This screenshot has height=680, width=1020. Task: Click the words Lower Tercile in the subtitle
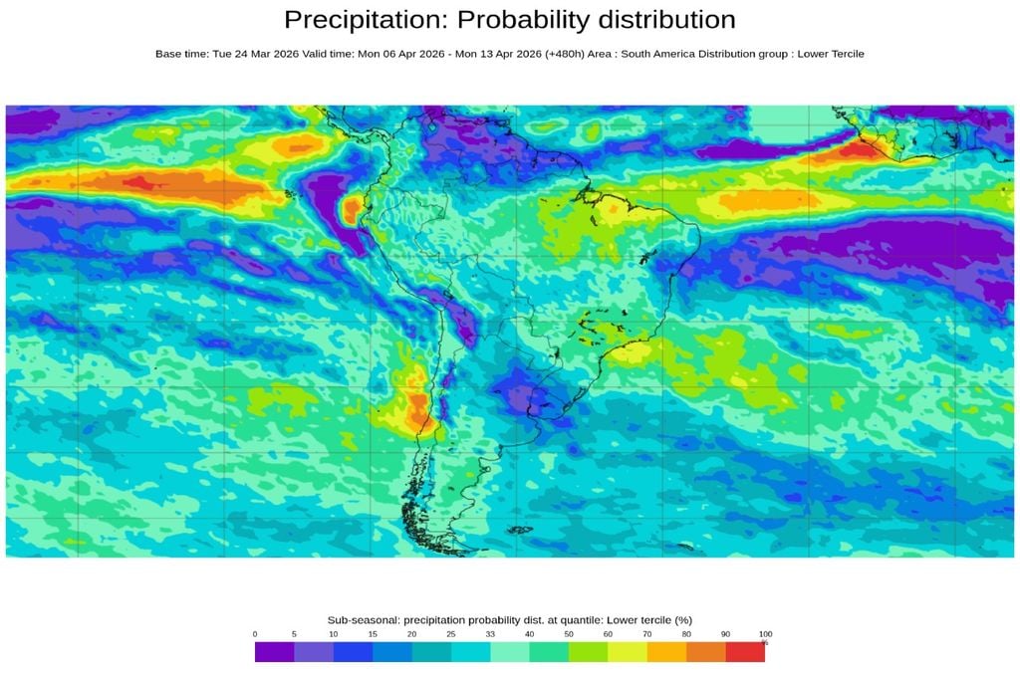(831, 54)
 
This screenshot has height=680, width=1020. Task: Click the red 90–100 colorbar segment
(745, 652)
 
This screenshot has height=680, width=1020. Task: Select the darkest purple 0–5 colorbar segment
(274, 652)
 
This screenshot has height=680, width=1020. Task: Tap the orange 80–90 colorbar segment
(706, 652)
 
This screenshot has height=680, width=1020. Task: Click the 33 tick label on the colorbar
(490, 634)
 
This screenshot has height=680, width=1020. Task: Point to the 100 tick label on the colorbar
(765, 634)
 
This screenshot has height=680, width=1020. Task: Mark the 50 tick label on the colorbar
(569, 634)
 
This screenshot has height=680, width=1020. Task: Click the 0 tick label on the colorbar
(255, 634)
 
